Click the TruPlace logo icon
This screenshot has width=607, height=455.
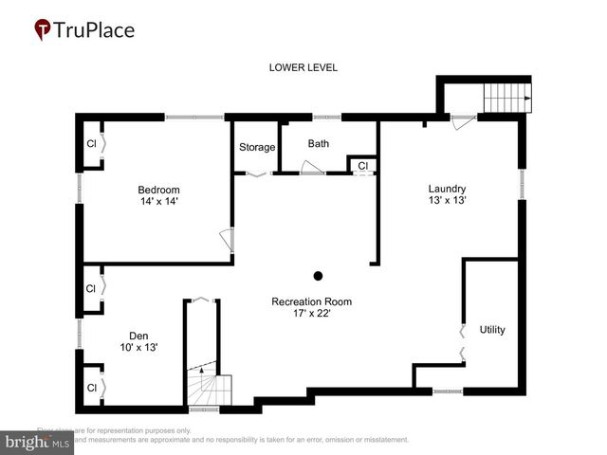(x=43, y=30)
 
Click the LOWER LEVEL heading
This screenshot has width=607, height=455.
(x=303, y=67)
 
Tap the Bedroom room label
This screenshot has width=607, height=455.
(x=158, y=190)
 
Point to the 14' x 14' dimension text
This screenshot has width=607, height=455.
(x=158, y=202)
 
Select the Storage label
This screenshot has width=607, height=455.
(x=257, y=147)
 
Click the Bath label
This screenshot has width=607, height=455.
(x=319, y=144)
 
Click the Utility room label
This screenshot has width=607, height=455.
(x=492, y=330)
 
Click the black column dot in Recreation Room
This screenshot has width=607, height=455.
(x=319, y=276)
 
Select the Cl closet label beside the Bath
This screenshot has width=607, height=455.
(x=362, y=166)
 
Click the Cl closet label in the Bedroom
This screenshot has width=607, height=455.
(x=92, y=144)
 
